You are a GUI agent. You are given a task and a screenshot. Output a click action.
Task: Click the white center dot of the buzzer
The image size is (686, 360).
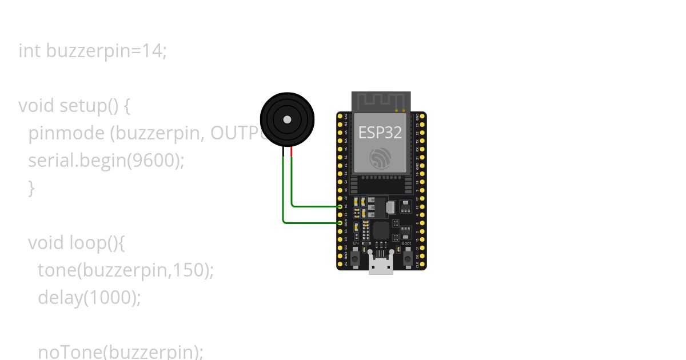(287, 119)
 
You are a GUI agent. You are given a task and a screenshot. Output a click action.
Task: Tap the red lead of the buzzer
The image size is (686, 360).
(292, 151)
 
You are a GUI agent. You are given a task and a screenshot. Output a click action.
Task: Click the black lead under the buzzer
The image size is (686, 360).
(284, 151)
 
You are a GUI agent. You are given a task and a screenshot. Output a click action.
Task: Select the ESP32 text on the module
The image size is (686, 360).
(380, 133)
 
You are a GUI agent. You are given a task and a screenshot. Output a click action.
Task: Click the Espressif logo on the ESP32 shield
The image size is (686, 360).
(380, 158)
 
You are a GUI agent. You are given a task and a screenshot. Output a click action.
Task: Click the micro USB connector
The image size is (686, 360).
(381, 266)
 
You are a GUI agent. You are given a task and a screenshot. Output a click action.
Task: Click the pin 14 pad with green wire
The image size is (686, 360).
(340, 206)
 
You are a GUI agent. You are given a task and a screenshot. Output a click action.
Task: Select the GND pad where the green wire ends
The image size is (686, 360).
(340, 223)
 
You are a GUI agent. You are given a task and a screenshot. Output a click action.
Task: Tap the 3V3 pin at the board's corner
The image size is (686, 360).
(340, 116)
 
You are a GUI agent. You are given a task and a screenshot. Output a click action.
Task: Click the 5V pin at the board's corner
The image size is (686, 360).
(340, 264)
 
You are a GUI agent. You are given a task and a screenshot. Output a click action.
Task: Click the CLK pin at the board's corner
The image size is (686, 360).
(422, 264)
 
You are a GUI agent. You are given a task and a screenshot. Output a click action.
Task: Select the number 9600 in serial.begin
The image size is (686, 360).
(153, 161)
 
